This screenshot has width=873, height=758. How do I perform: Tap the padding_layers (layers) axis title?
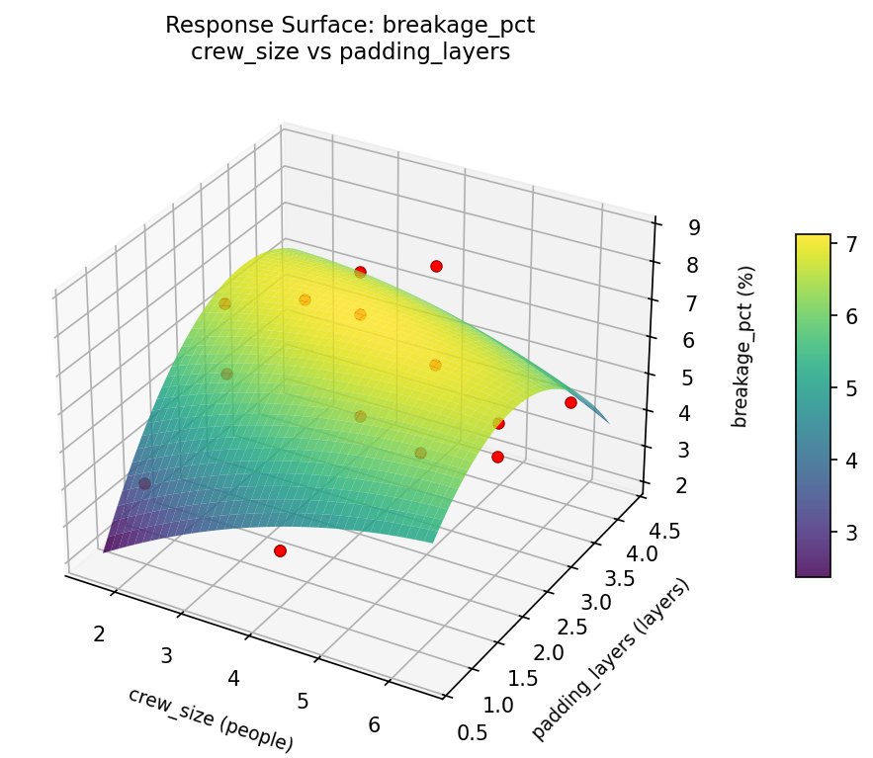(x=610, y=658)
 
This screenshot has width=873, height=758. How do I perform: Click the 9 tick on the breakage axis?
(x=695, y=227)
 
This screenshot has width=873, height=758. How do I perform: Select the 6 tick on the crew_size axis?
(x=374, y=724)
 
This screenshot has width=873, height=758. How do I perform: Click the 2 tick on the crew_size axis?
(x=99, y=633)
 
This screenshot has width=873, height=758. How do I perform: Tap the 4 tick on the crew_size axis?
(x=234, y=678)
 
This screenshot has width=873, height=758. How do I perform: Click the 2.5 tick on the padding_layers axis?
(x=571, y=628)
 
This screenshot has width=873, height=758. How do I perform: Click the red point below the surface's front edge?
(x=280, y=550)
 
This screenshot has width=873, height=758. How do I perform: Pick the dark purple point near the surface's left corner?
(x=144, y=484)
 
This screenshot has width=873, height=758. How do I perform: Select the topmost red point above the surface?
(x=436, y=266)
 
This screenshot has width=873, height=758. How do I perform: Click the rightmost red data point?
(x=570, y=402)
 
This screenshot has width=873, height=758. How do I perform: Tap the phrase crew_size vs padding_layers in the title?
(x=349, y=52)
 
